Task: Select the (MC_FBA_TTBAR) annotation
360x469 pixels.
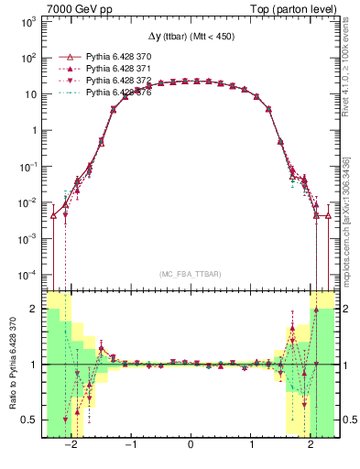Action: [x=190, y=275]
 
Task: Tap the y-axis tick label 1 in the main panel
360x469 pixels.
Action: [x=33, y=130]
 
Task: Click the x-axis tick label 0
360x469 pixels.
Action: [x=190, y=445]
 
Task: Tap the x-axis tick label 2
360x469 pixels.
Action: [x=311, y=445]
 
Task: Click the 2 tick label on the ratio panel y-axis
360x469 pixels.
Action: [x=33, y=309]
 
